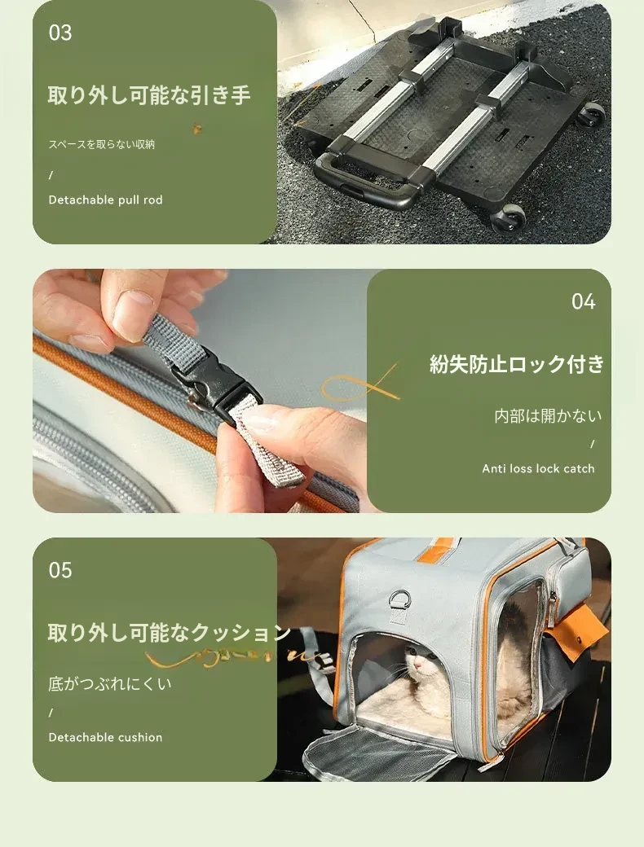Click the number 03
tap(60, 33)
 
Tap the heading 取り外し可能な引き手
tap(148, 95)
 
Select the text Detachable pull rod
tap(105, 200)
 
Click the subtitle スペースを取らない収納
tap(102, 144)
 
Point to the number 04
tap(584, 301)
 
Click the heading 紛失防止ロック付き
tap(517, 364)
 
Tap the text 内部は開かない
tap(548, 416)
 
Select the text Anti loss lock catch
tap(538, 468)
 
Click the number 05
tap(60, 570)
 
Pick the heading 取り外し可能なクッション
tap(170, 633)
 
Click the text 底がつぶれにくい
tap(110, 684)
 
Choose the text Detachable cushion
tap(105, 737)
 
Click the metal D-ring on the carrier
tap(399, 599)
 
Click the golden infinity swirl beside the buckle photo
tap(360, 384)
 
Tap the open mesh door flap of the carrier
tap(378, 751)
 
